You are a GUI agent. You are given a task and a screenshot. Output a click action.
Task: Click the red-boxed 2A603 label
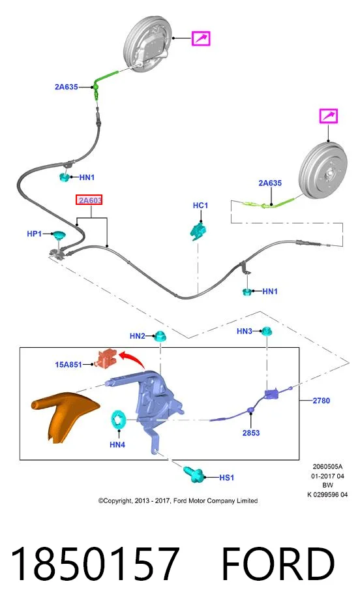coord(90,200)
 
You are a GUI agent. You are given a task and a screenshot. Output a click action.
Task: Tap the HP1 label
coord(34,234)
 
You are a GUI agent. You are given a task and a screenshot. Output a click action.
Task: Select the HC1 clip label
coord(201,206)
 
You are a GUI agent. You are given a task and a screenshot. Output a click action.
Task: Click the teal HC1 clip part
coord(199,231)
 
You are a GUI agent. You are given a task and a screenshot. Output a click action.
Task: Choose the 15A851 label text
coord(68,365)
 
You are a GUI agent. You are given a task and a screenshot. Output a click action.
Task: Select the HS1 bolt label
coord(226,478)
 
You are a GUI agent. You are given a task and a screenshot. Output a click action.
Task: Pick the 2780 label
coord(321,401)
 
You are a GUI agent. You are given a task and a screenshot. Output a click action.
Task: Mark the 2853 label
coord(251,433)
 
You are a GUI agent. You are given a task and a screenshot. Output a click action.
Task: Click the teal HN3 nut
coord(267,331)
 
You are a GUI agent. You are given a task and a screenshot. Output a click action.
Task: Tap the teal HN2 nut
coord(160,336)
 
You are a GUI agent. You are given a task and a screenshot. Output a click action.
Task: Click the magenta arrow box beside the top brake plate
coord(201,38)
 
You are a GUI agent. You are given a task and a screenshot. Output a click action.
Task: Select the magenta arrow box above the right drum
coord(328,116)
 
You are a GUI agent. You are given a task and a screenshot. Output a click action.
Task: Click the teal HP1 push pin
coord(57,236)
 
